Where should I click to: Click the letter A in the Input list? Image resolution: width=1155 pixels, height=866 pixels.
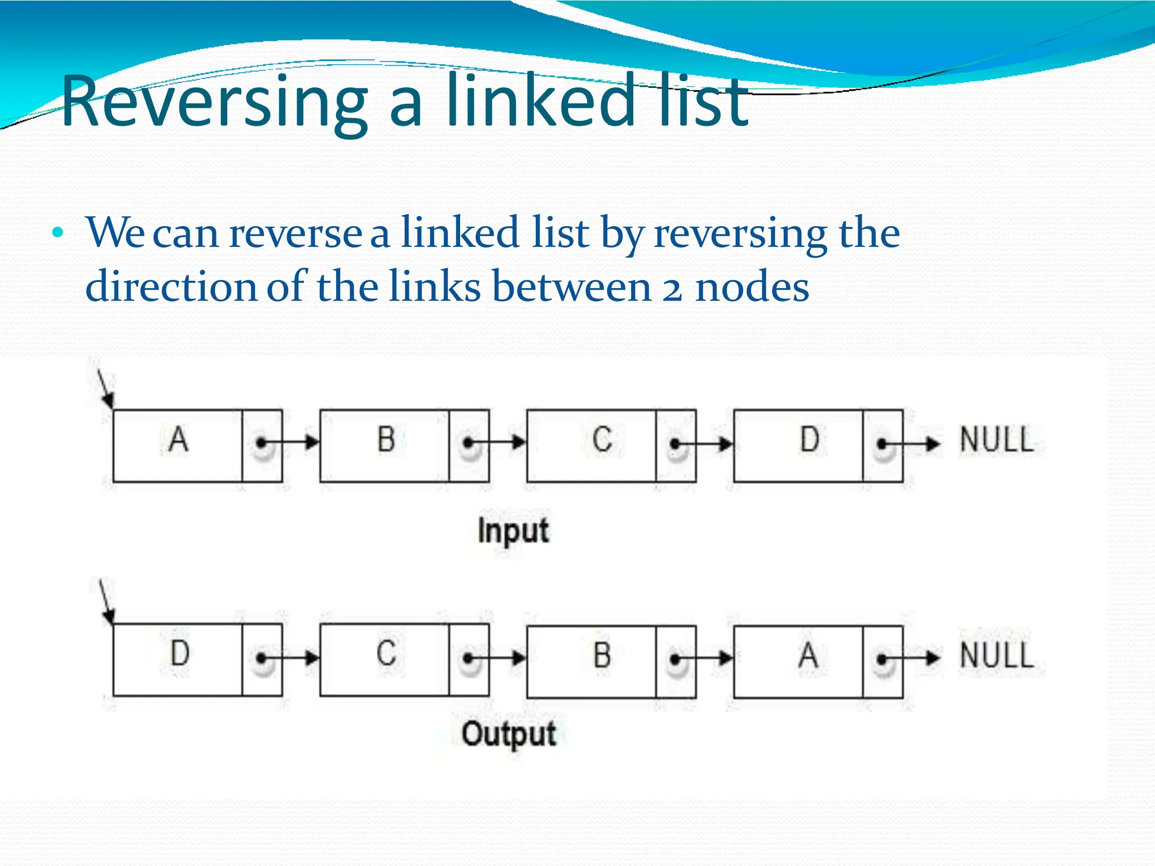click(x=178, y=440)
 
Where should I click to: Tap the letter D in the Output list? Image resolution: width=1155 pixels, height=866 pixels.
click(x=180, y=653)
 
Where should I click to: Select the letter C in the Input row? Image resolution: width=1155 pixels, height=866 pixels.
click(x=602, y=440)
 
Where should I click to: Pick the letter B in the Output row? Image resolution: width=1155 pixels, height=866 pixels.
click(x=602, y=655)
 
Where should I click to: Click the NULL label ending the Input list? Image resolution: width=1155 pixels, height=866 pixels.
click(x=997, y=440)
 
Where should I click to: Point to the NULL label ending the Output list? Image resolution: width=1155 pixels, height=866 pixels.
click(x=997, y=656)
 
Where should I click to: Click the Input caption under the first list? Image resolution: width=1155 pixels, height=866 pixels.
click(x=513, y=531)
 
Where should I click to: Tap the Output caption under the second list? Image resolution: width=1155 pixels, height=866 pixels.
click(x=509, y=735)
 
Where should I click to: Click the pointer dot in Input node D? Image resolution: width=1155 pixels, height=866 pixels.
click(x=881, y=444)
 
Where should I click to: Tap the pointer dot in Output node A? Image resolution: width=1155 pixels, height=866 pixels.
click(x=881, y=659)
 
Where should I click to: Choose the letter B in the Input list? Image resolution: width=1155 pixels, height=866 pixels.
click(x=386, y=440)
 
